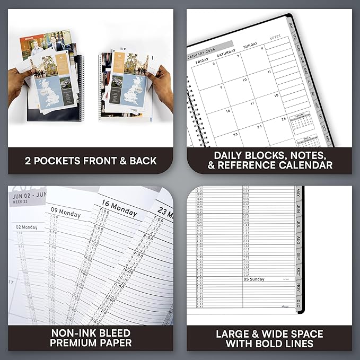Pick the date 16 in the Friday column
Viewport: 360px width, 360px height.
227,111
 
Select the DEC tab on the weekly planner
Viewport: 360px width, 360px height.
298,304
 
